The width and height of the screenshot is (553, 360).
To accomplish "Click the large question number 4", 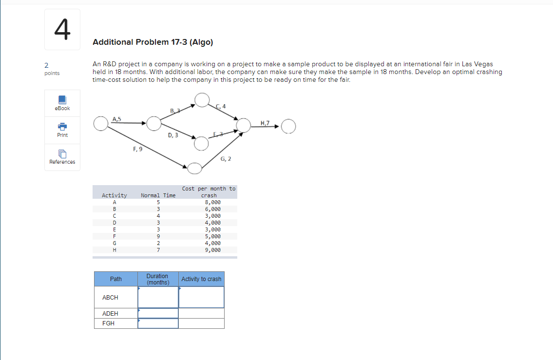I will (x=62, y=29).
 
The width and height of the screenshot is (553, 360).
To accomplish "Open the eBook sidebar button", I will (x=62, y=103).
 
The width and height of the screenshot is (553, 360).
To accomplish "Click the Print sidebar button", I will (x=62, y=130).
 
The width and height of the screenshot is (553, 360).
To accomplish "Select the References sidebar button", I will (x=62, y=157).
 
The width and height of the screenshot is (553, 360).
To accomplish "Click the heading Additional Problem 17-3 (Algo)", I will (x=153, y=42).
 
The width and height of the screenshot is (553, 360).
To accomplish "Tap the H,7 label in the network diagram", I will (x=265, y=123).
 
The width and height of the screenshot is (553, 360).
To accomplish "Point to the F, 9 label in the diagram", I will (x=137, y=150).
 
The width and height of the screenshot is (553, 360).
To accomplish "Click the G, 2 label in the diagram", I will (x=226, y=159).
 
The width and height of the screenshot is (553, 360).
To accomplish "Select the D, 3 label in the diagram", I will (x=173, y=135).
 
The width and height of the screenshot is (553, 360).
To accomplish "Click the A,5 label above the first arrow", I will (x=117, y=118).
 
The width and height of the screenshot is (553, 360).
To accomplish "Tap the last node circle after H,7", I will (x=288, y=126).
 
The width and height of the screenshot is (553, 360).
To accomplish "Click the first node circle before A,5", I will (x=101, y=124).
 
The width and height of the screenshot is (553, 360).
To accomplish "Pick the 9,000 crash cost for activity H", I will (x=212, y=250).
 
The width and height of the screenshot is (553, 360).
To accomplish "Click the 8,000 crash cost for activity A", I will (x=212, y=202).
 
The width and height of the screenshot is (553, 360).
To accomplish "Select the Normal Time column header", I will (x=158, y=195).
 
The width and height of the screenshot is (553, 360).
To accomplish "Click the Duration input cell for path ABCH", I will (x=158, y=297).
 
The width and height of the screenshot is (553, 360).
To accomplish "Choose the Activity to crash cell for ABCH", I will (x=201, y=297).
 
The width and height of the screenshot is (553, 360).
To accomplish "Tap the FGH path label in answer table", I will (x=109, y=323).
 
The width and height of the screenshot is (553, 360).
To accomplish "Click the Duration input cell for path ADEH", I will (x=158, y=313).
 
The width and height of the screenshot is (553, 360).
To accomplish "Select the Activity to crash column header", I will (x=201, y=279).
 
